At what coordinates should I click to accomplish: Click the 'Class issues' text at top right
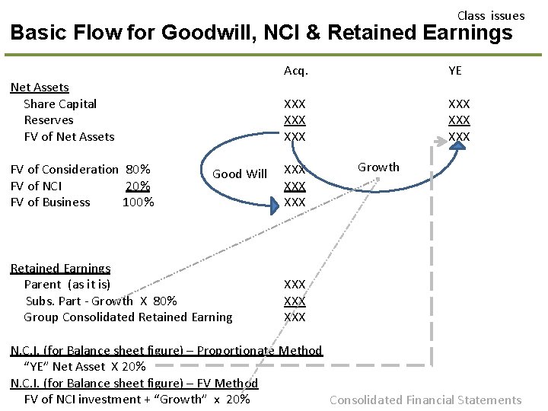490,15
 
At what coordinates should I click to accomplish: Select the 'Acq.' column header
295,71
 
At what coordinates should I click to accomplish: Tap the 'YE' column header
455,71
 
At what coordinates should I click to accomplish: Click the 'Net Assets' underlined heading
40,88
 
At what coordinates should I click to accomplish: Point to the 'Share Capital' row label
60,104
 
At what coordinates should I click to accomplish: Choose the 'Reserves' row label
49,120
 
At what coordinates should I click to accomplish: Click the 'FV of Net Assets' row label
69,137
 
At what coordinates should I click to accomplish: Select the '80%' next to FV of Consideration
138,169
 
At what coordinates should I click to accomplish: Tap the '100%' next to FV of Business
138,202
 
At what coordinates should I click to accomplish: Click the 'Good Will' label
239,174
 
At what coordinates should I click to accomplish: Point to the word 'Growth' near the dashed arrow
378,167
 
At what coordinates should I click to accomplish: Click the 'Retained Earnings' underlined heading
60,268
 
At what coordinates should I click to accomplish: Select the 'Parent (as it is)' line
67,285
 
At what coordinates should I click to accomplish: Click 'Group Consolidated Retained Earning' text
128,317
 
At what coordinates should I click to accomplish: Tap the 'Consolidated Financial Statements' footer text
425,400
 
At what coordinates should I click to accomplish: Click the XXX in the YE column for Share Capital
459,104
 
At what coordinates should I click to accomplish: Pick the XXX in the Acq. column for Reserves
295,120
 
